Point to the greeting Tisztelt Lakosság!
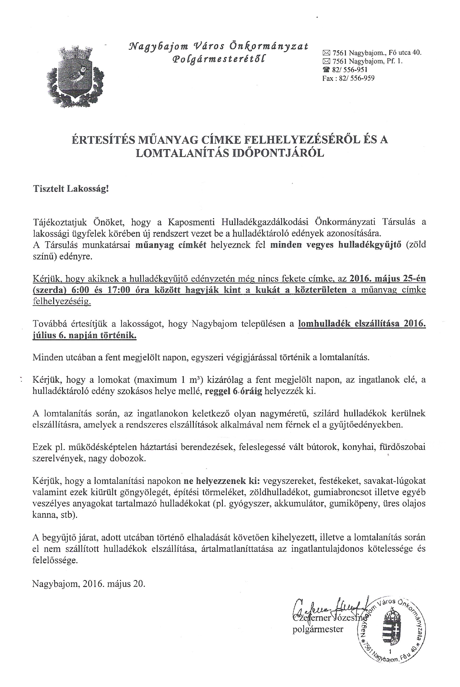(x=71, y=188)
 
